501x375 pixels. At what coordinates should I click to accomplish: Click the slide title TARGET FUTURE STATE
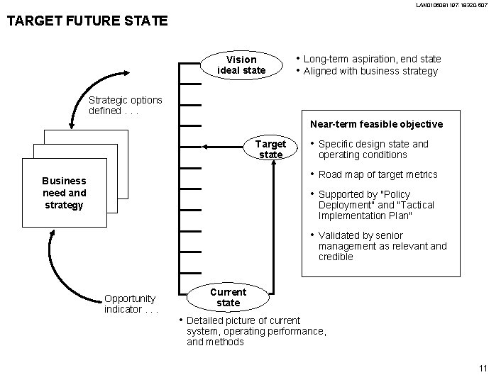coord(87,21)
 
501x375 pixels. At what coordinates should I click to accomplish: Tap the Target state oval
coord(270,149)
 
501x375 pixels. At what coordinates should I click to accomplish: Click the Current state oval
coord(228,297)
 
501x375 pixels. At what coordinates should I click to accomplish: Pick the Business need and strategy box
coord(64,193)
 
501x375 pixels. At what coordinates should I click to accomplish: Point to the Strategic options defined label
coord(126,106)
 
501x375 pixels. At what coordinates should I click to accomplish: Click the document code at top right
coord(447,6)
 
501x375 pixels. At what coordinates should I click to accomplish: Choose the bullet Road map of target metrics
coord(378,174)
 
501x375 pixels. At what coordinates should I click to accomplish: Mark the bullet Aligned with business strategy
coord(370,71)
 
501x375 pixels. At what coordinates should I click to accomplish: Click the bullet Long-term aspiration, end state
coord(372,59)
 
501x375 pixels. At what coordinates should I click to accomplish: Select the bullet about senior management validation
coord(382,246)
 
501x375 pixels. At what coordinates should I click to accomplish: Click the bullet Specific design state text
coord(373,149)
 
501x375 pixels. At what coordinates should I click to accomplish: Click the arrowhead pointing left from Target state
coord(206,147)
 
